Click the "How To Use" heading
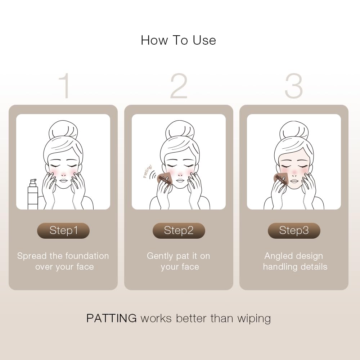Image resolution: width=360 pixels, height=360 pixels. [x=179, y=40]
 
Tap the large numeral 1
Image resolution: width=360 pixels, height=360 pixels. [x=65, y=86]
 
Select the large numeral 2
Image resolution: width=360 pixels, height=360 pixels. [x=179, y=86]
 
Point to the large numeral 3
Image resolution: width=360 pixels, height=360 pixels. [x=294, y=86]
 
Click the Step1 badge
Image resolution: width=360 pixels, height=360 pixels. [x=63, y=230]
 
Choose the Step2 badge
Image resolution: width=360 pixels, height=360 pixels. [x=179, y=230]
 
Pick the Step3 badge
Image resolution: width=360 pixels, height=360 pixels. [x=294, y=230]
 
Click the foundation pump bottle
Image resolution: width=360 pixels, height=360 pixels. [x=33, y=194]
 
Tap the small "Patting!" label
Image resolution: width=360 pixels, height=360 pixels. [x=147, y=171]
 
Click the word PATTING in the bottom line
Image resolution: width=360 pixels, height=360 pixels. [x=111, y=319]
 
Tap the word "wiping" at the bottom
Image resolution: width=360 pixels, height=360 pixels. [x=254, y=319]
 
